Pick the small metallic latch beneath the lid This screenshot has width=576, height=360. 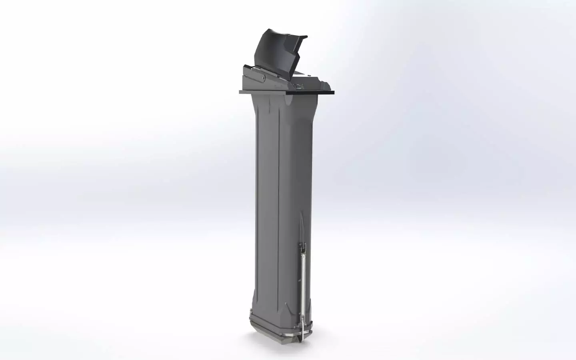(x=298, y=85)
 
